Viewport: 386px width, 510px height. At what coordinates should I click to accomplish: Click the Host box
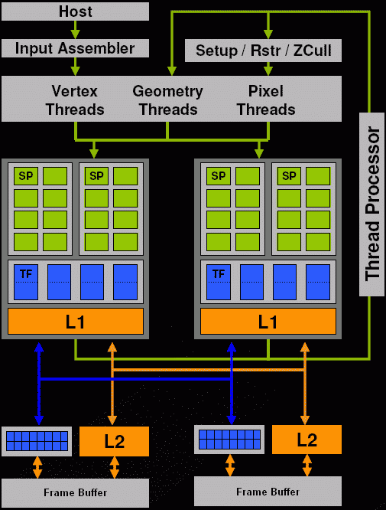tap(75, 11)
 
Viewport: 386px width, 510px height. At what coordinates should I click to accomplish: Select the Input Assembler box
tap(75, 48)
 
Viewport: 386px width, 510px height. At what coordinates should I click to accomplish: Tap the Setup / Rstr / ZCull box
tap(263, 51)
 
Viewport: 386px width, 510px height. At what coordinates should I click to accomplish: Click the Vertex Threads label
tap(75, 100)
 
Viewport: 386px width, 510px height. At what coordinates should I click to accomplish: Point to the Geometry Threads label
tap(168, 100)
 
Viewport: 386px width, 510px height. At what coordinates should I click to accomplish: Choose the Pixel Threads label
tap(266, 100)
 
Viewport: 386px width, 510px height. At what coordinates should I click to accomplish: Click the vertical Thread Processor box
tap(371, 204)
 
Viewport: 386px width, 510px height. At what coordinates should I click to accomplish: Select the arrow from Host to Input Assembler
tap(75, 30)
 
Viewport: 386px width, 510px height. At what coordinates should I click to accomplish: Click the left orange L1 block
tap(76, 322)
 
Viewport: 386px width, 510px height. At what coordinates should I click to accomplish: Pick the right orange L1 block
tap(268, 322)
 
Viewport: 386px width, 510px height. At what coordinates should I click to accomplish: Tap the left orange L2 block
tap(115, 441)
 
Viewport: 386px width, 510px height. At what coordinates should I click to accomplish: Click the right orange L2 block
tap(307, 440)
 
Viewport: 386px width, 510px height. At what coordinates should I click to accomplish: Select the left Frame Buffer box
tap(76, 492)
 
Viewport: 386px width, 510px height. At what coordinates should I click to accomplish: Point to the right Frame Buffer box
tap(268, 491)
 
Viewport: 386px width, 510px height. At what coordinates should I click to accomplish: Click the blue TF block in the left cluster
tap(26, 282)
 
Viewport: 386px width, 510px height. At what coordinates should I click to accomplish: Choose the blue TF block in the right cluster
tap(219, 282)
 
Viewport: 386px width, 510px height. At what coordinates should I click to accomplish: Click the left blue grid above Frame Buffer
tap(37, 441)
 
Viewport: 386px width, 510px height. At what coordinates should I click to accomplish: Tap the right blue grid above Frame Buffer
tap(229, 440)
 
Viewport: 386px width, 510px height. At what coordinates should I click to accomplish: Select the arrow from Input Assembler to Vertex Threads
tap(75, 67)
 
